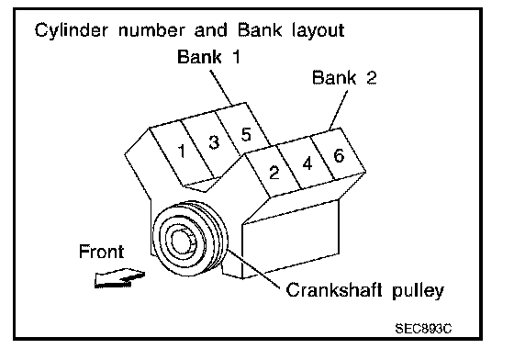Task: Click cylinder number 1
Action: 182,151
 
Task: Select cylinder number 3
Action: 214,142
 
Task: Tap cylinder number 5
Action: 246,134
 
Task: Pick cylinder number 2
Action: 274,172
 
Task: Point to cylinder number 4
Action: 307,163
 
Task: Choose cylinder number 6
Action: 339,155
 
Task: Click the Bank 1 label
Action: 209,56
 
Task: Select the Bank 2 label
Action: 344,77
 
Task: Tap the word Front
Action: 102,252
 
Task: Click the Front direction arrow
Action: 119,278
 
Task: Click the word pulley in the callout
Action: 419,291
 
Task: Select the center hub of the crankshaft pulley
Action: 181,241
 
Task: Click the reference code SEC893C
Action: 423,328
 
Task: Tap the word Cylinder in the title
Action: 71,31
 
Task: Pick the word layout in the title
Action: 318,31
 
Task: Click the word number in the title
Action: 151,29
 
